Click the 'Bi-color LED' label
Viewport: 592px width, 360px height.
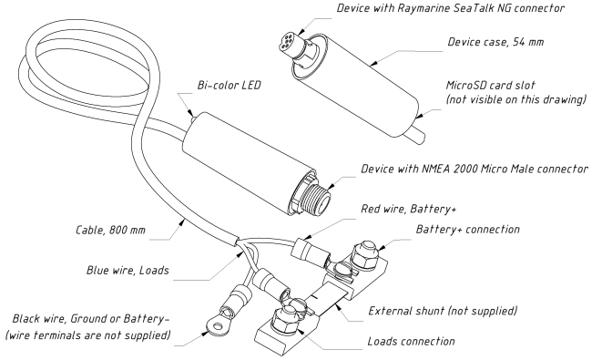pos(230,85)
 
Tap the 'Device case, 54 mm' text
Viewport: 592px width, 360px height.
pos(495,42)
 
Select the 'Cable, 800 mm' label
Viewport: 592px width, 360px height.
pos(110,230)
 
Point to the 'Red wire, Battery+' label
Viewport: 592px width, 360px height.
pos(409,209)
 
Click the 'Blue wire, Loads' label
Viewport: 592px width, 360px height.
pos(128,270)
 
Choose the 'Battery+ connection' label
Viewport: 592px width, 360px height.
pos(468,229)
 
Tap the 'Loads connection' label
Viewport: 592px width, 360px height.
pos(411,341)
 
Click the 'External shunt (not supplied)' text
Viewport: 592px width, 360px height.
pos(443,311)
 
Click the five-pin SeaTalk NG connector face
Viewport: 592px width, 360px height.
pos(291,40)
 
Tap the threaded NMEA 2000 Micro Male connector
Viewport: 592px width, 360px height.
pos(316,194)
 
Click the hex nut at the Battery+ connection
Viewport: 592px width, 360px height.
pos(364,254)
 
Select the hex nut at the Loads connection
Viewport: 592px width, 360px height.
pos(285,318)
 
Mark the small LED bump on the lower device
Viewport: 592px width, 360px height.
pos(193,118)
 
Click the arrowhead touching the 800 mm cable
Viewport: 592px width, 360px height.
pos(182,221)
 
